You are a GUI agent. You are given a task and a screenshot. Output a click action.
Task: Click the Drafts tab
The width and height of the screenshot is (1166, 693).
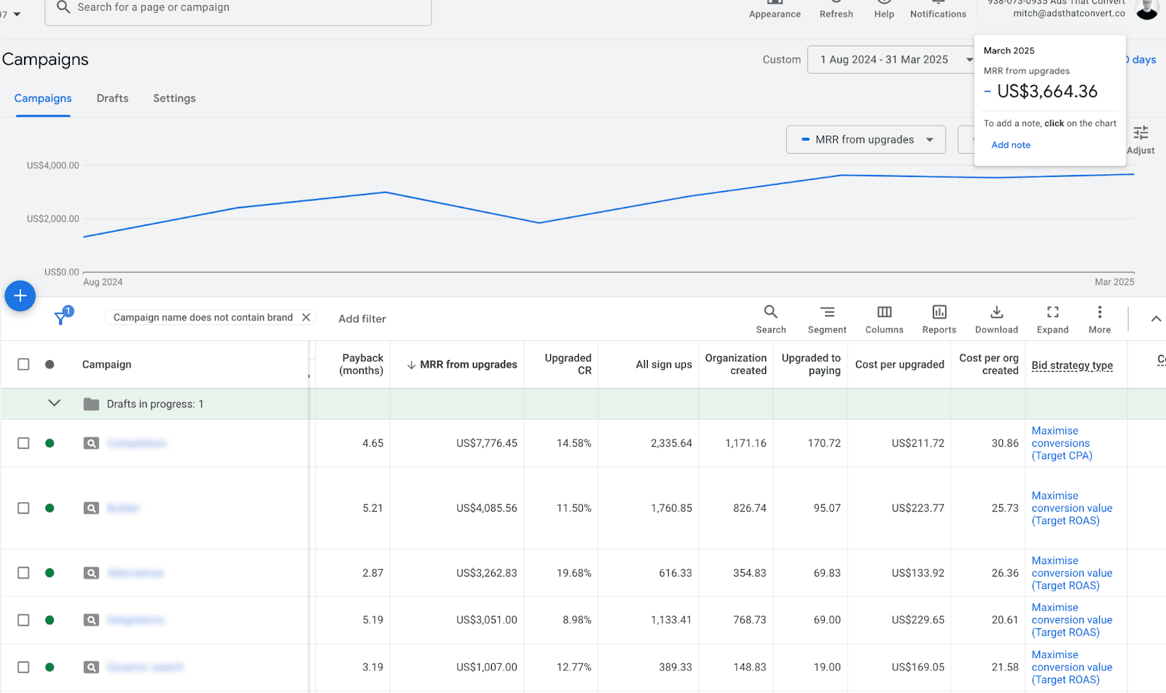pyautogui.click(x=112, y=98)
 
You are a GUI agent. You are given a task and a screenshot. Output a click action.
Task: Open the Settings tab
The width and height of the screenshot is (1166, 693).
pyautogui.click(x=174, y=98)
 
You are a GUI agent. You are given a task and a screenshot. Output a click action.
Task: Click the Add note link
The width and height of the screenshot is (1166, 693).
pyautogui.click(x=1010, y=145)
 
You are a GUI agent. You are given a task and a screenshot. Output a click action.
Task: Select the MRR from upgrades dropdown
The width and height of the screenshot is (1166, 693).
pyautogui.click(x=865, y=140)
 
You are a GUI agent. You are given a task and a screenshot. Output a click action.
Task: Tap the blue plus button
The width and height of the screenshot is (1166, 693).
pyautogui.click(x=20, y=296)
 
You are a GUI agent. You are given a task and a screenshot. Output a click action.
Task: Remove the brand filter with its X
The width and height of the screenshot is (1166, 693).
pyautogui.click(x=306, y=318)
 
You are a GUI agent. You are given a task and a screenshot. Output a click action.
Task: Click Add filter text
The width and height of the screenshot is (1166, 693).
pyautogui.click(x=361, y=319)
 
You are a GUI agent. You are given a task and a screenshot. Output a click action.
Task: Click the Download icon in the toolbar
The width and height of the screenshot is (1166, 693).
pyautogui.click(x=996, y=318)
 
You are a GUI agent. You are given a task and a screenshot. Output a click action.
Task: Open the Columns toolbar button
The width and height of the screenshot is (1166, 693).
pyautogui.click(x=884, y=318)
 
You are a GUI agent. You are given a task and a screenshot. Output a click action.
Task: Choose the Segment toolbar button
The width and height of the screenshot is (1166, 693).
pyautogui.click(x=826, y=318)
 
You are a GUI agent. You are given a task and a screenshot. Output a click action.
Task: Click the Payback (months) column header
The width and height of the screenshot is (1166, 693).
pyautogui.click(x=361, y=364)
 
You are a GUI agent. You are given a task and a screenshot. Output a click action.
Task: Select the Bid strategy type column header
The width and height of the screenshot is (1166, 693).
pyautogui.click(x=1071, y=365)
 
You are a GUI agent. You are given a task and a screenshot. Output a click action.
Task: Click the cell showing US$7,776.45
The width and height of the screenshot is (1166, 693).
pyautogui.click(x=486, y=443)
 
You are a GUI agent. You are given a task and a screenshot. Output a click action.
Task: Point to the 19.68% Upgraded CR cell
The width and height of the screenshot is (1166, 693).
pyautogui.click(x=574, y=573)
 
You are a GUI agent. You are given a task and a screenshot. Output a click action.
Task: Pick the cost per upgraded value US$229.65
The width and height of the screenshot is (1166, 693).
pyautogui.click(x=917, y=620)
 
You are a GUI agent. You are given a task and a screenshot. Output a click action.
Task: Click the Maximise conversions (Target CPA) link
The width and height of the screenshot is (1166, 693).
pyautogui.click(x=1061, y=443)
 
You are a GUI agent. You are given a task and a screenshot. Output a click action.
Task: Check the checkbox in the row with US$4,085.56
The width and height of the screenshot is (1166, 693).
pyautogui.click(x=23, y=508)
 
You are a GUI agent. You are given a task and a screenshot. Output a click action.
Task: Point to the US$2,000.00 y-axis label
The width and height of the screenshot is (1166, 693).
pyautogui.click(x=52, y=219)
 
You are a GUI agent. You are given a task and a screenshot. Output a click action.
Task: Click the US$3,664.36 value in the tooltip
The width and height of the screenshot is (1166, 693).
pyautogui.click(x=1046, y=92)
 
